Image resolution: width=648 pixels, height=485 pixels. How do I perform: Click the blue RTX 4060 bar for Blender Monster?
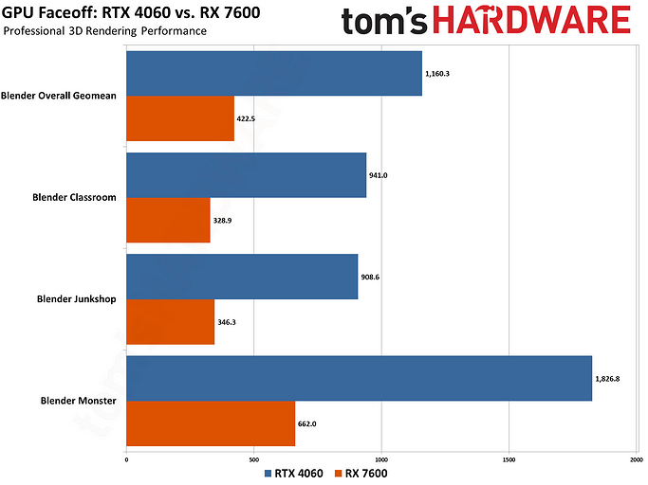359,378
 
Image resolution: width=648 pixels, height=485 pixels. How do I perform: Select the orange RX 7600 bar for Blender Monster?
211,422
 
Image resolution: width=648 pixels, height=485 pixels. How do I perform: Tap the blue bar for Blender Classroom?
246,175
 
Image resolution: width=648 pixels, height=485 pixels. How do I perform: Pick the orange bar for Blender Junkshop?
170,321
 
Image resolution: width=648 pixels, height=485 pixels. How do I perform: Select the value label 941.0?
379,175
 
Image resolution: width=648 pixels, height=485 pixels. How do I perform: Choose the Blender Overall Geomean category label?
59,96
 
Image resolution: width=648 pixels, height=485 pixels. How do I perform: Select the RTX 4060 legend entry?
291,473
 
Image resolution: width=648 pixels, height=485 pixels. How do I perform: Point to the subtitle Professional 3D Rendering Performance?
104,31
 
